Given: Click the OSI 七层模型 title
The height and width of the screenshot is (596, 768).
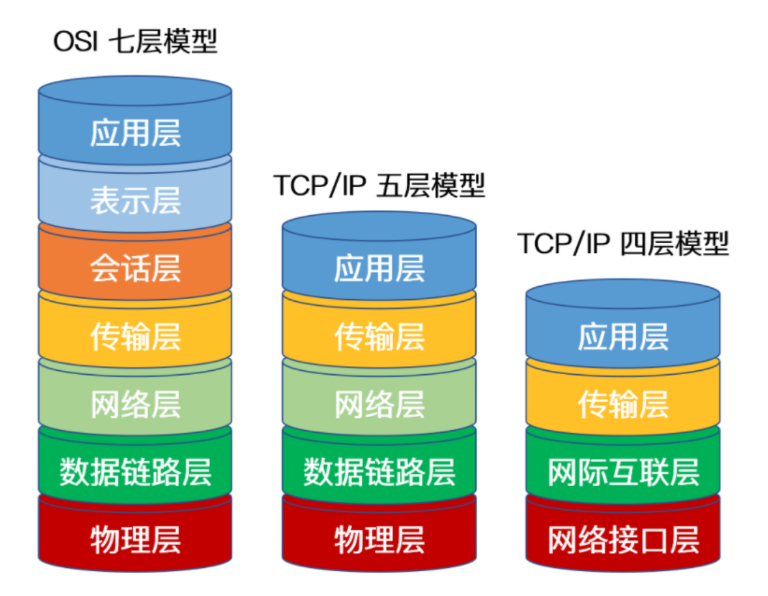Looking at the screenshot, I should pos(135,42).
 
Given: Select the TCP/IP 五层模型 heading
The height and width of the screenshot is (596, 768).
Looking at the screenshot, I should pos(379,185).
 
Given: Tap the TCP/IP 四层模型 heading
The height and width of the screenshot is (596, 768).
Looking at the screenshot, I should pos(622,243).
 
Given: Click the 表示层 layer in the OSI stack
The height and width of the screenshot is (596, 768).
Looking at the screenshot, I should pos(135,201).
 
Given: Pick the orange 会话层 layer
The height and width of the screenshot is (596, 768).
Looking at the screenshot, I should pos(135,269).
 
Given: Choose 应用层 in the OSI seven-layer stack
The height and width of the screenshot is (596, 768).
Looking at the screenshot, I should pos(135,133).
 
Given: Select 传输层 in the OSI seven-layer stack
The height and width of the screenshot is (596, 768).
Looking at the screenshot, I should pos(135,337).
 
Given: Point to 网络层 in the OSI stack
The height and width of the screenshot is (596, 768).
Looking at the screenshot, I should pos(135,405).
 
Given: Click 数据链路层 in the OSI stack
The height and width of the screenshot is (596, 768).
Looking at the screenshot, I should pos(135,472).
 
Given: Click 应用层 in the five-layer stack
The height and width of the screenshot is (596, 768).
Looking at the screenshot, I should pos(379,269).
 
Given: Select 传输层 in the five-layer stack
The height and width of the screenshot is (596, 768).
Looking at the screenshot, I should pos(379,337).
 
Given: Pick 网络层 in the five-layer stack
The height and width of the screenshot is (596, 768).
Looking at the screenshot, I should pos(379,405).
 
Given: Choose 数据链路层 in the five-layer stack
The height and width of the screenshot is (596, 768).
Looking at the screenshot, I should pos(379,472).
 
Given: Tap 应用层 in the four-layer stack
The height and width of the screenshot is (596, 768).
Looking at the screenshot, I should pos(622,337).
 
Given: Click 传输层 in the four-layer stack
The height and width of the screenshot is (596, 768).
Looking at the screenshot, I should pos(622,405).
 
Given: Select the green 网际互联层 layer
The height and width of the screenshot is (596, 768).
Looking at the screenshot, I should pos(622,472).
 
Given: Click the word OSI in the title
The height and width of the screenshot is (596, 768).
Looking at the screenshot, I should pos(75,42).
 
